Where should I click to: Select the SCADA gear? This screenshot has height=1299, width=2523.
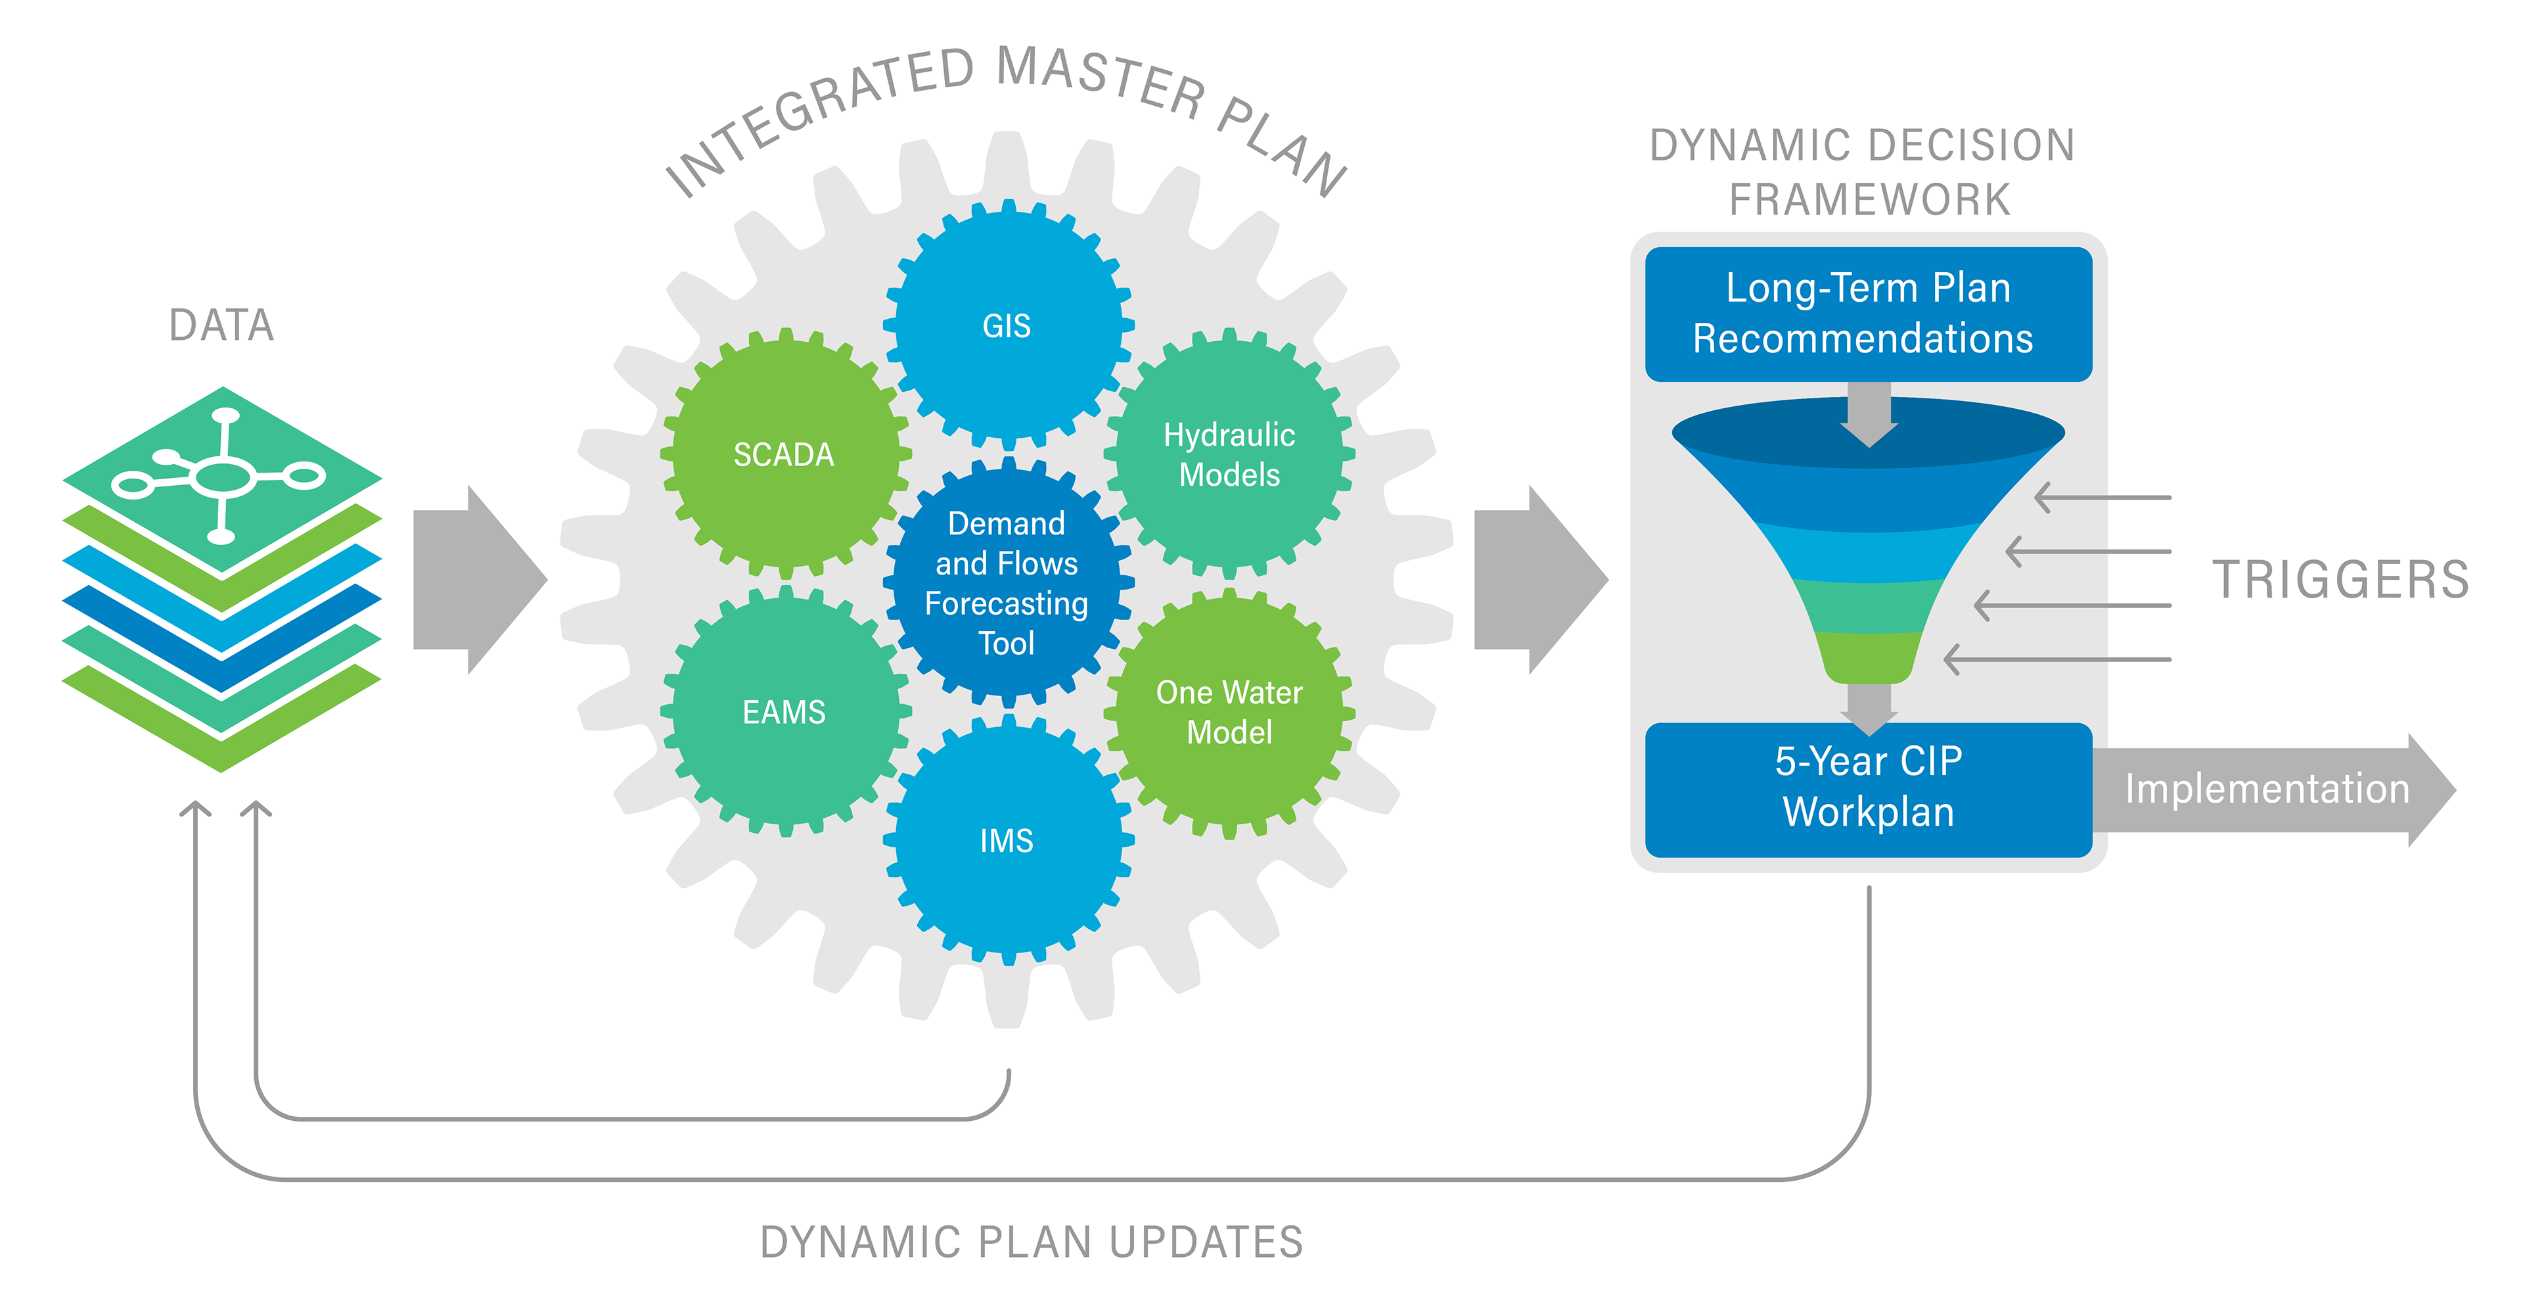[x=784, y=454]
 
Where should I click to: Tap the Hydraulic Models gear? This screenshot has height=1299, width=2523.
[x=1229, y=454]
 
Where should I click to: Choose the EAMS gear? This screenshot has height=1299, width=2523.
[x=784, y=711]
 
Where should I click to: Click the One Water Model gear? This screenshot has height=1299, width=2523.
[x=1229, y=711]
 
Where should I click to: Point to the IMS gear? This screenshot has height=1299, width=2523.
[x=1007, y=839]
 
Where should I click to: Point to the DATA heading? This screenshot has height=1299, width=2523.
[x=221, y=325]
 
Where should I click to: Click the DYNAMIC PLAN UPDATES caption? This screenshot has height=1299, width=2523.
[x=1032, y=1242]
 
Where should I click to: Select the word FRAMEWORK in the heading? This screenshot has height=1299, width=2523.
[x=1869, y=200]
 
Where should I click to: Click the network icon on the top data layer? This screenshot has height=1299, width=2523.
[x=221, y=477]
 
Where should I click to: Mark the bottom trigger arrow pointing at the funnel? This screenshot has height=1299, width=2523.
[x=2057, y=659]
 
